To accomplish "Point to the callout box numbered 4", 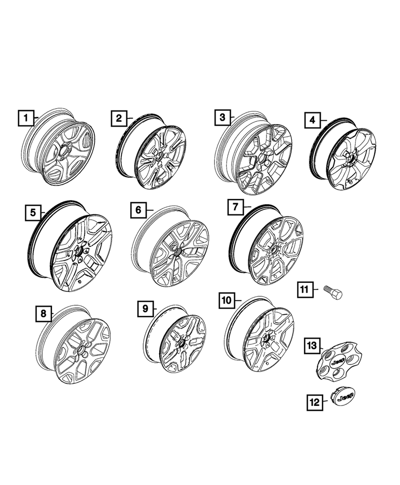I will (313, 120).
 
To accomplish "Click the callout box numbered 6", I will (138, 210).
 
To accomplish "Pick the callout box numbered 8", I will (44, 314).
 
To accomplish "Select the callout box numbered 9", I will (145, 308).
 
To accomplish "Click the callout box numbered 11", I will (304, 290).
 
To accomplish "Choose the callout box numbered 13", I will (311, 346).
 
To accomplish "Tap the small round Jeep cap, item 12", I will (344, 397).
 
